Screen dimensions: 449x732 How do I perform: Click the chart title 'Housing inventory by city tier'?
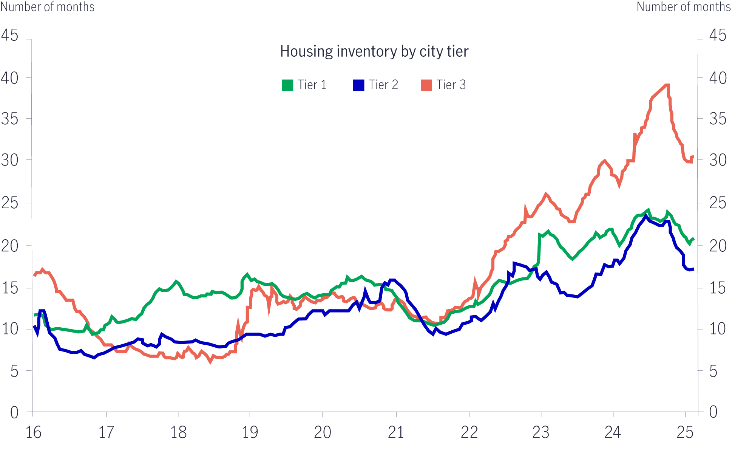pos(374,51)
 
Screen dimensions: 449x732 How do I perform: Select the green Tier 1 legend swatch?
pos(287,85)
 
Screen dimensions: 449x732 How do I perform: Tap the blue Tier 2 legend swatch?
pos(359,85)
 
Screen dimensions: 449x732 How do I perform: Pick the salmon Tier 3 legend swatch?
pos(426,85)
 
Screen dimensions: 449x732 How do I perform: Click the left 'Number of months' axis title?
pos(48,7)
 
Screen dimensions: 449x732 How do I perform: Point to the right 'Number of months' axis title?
pos(684,7)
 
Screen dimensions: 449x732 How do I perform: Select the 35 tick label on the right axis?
pos(718,119)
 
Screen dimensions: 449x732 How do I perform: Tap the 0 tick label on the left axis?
pos(14,412)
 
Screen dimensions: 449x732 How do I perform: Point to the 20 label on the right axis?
pos(718,246)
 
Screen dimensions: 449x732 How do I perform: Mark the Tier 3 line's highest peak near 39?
pos(667,85)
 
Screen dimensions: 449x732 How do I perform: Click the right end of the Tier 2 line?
pos(693,269)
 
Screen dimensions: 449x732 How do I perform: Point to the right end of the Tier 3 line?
pos(693,157)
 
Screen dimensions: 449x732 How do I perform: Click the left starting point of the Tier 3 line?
pos(34,275)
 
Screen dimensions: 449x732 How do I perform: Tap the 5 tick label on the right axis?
pos(713,372)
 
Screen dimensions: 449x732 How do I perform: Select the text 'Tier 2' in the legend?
pos(383,85)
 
